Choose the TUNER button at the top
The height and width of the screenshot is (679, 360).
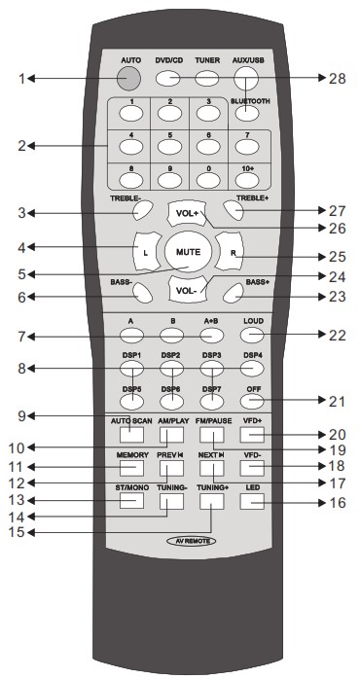[x=207, y=79]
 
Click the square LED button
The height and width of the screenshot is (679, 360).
[x=250, y=501]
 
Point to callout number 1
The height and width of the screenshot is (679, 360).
[x=21, y=78]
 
